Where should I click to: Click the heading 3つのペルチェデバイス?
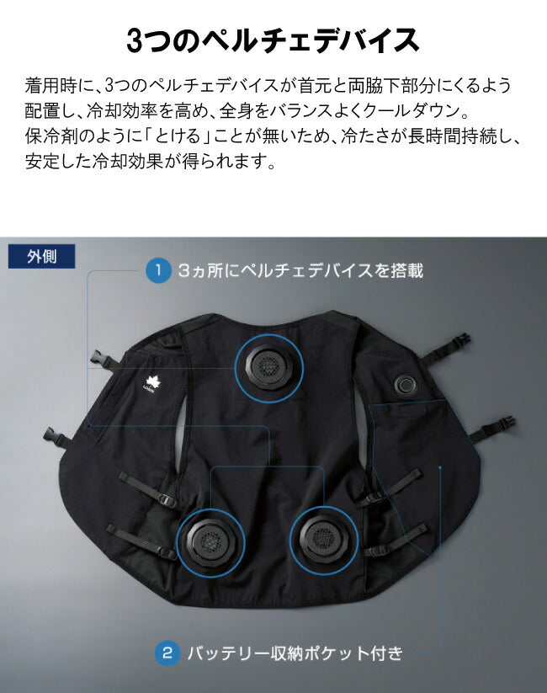pos(273,40)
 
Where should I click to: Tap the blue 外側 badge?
pos(41,256)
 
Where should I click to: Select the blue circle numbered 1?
pos(158,270)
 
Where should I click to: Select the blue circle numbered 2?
pos(167,653)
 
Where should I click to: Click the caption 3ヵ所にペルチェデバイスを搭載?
pos(301,270)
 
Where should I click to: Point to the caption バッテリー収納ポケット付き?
pos(295,653)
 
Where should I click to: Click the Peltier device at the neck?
pos(268,367)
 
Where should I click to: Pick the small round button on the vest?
pos(404,385)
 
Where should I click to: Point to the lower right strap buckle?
pos(505,424)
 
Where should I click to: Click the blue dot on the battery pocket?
pos(440,466)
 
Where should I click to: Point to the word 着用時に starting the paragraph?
pos(57,85)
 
